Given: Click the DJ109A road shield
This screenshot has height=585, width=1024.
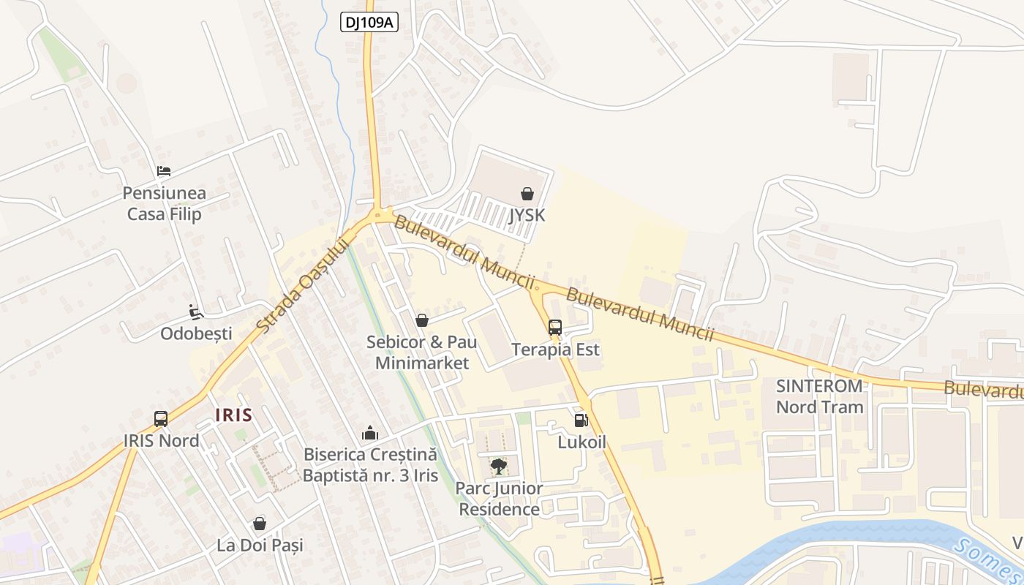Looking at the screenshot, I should [369, 23].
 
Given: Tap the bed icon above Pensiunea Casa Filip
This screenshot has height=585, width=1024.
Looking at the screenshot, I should [164, 172].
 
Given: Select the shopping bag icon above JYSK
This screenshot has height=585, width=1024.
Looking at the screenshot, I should [527, 194].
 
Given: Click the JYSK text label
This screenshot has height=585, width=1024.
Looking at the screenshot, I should [527, 215].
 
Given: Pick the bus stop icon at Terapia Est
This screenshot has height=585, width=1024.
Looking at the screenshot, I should [555, 327].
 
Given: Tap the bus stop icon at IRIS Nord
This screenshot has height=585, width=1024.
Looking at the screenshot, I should [161, 419].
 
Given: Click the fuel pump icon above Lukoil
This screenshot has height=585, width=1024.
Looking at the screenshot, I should [581, 420].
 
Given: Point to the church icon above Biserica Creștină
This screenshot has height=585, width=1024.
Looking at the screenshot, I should [370, 432].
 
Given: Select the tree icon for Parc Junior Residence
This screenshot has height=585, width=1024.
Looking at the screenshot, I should [499, 466].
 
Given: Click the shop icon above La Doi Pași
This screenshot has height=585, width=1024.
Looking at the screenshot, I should [259, 524].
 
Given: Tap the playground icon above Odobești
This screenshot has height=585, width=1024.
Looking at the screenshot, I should [195, 312].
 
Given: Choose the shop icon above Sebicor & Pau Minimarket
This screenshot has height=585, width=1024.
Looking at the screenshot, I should [421, 320].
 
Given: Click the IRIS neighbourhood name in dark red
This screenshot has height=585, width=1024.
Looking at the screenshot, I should [234, 415].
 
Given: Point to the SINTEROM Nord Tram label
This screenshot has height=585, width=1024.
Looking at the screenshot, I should [819, 396].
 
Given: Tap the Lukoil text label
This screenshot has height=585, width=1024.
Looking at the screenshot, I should [581, 442].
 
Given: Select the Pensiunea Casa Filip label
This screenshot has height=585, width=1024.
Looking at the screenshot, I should [164, 204].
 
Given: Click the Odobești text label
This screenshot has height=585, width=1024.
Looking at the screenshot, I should [196, 333].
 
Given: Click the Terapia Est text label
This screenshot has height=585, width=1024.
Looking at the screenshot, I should [555, 350].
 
